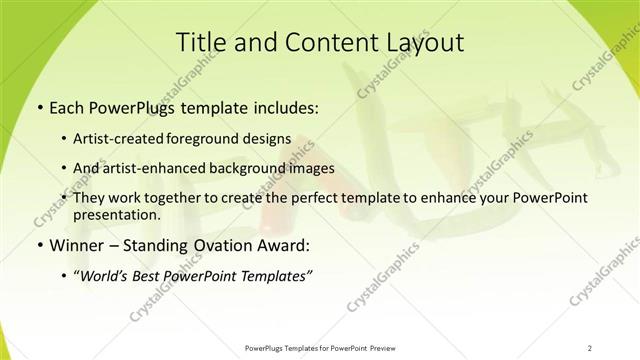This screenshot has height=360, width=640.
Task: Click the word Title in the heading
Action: [x=200, y=42]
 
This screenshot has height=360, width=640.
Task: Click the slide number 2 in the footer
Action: [x=590, y=348]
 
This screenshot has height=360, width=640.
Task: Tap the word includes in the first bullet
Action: [x=284, y=105]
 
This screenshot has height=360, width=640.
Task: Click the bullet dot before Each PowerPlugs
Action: [x=38, y=105]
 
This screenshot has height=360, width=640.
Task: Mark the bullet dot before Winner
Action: [x=38, y=246]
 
